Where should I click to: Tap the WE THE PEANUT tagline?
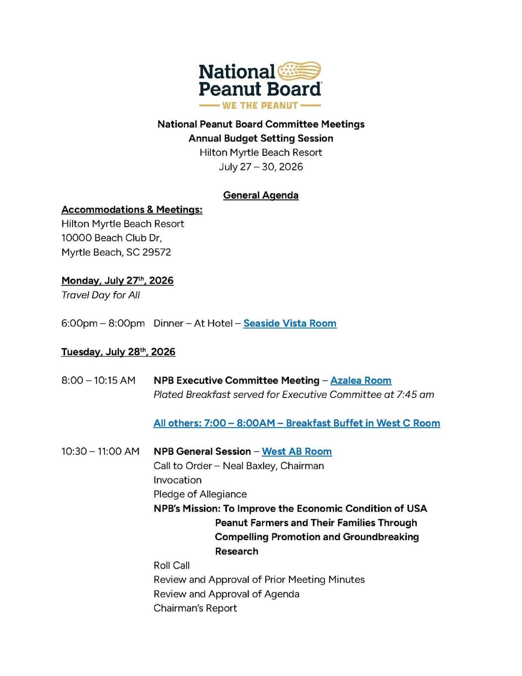point(260,105)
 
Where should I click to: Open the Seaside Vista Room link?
point(290,323)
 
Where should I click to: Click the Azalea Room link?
point(361,380)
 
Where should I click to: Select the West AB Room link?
point(296,451)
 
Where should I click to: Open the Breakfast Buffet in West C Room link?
point(296,423)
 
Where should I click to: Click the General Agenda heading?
point(261,195)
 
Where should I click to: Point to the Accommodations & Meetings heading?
point(132,210)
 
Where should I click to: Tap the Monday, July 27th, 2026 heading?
point(117,281)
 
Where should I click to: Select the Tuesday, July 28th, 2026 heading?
point(118,352)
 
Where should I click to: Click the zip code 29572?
point(157,252)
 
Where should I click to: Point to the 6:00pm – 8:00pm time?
point(103,323)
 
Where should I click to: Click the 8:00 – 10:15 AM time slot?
point(98,380)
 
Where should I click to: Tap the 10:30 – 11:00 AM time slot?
point(100,451)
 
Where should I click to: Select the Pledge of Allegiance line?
point(200,494)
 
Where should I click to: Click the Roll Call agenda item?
point(171,565)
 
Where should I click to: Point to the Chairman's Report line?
point(195,608)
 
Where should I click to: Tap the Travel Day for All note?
point(101,295)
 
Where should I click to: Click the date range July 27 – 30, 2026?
point(261,167)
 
